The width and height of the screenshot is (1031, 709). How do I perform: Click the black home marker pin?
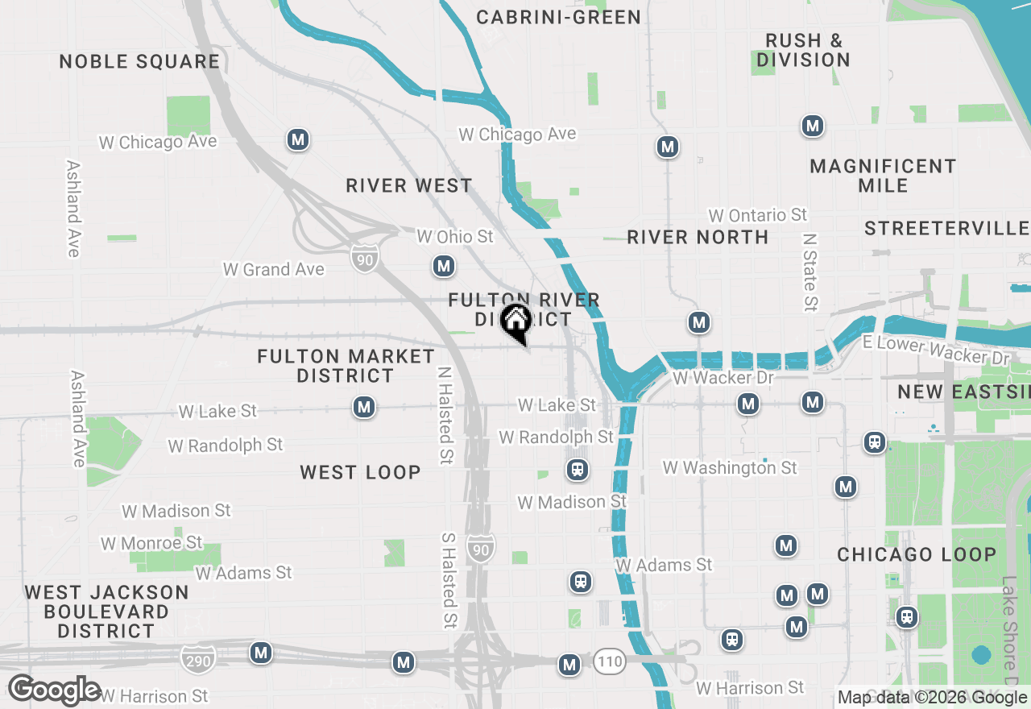pyautogui.click(x=515, y=323)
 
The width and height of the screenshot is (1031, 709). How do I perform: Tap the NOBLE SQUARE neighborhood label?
pyautogui.click(x=139, y=62)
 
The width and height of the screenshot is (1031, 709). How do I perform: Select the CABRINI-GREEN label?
pyautogui.click(x=558, y=17)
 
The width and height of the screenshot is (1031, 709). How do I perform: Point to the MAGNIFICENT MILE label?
pyautogui.click(x=883, y=176)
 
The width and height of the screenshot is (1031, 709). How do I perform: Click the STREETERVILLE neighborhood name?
pyautogui.click(x=946, y=229)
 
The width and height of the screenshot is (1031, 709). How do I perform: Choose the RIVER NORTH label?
pyautogui.click(x=698, y=237)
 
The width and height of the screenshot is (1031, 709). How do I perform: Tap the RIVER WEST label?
pyautogui.click(x=409, y=186)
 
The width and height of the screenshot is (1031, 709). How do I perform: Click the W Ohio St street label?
pyautogui.click(x=454, y=237)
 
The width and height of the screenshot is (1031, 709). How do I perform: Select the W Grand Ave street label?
pyautogui.click(x=274, y=269)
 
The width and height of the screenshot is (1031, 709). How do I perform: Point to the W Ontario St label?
pyautogui.click(x=757, y=215)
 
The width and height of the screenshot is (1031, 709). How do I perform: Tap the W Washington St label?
pyautogui.click(x=730, y=467)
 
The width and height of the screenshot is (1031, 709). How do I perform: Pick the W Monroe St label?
pyautogui.click(x=151, y=543)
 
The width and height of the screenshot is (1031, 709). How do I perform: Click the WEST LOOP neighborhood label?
pyautogui.click(x=360, y=473)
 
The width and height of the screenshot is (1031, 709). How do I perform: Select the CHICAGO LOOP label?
pyautogui.click(x=917, y=555)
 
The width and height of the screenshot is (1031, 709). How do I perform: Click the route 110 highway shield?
pyautogui.click(x=611, y=662)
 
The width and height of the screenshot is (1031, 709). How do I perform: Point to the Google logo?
pyautogui.click(x=54, y=690)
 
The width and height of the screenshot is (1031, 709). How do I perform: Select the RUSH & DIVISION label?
pyautogui.click(x=803, y=50)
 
